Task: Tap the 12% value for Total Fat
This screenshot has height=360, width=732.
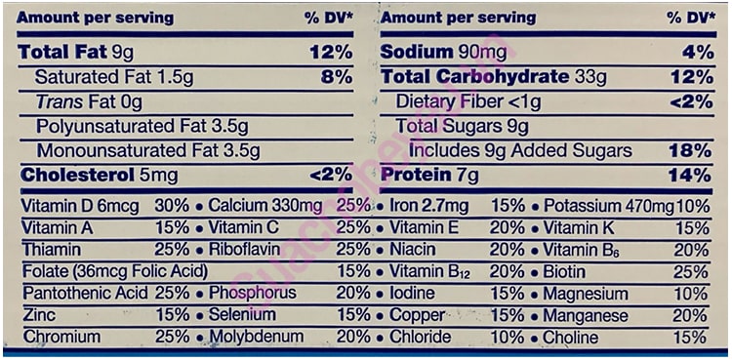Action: pyautogui.click(x=331, y=52)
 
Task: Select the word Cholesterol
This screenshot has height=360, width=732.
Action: pyautogui.click(x=67, y=175)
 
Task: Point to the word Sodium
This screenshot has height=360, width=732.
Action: pyautogui.click(x=417, y=52)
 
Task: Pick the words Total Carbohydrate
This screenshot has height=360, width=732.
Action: pyautogui.click(x=474, y=76)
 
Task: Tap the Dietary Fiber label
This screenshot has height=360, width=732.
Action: pyautogui.click(x=453, y=101)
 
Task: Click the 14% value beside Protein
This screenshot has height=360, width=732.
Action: pyautogui.click(x=690, y=175)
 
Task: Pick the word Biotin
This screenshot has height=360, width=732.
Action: pyautogui.click(x=566, y=271)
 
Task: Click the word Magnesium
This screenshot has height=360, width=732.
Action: pyautogui.click(x=586, y=294)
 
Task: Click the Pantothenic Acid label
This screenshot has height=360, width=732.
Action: pyautogui.click(x=85, y=294)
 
